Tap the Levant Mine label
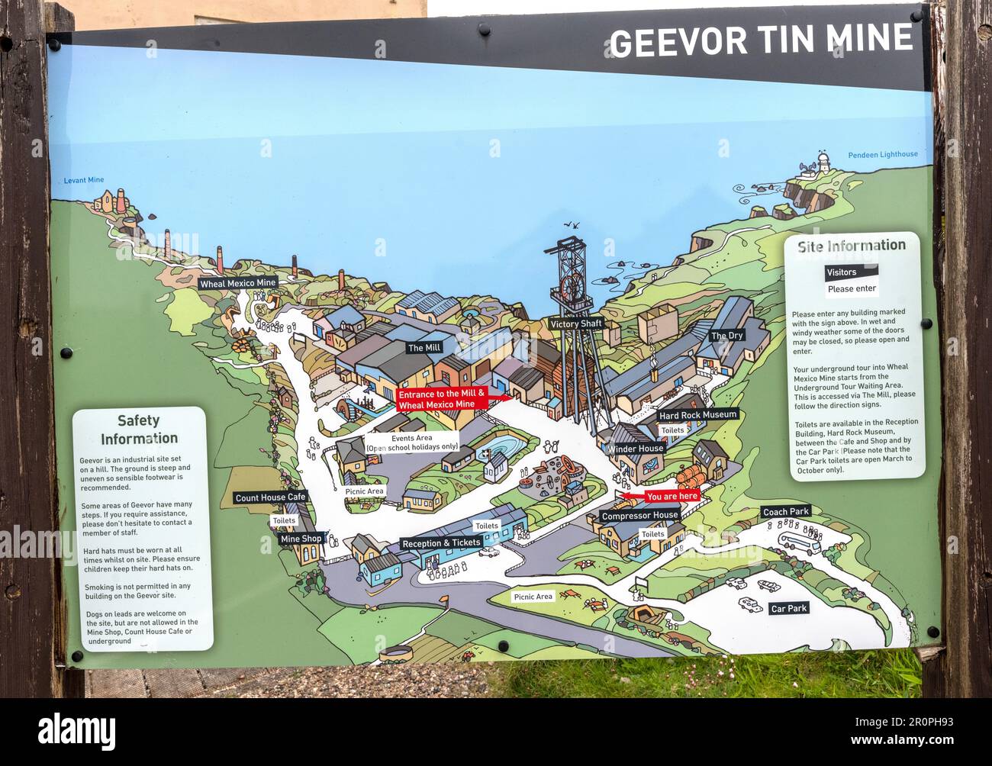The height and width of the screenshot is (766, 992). point(84,181)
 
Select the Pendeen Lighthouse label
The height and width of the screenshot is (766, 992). point(882,155)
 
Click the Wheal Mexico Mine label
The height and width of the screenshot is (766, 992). point(237,283)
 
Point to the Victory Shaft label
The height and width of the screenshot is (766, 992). point(576,324)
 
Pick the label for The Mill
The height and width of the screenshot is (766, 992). point(424,348)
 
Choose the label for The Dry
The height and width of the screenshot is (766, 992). point(726,336)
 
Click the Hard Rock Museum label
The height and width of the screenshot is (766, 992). point(698,415)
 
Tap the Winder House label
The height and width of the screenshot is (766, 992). point(636,449)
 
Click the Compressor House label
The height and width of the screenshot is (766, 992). point(639,516)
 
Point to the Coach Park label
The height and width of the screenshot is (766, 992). point(786,512)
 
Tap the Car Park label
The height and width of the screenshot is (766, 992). point(788,609)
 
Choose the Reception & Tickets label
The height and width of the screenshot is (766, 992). point(442,543)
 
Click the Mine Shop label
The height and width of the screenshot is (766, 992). point(301,539)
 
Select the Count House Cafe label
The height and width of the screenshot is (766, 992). point(270,497)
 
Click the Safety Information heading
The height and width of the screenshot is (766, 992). point(139,430)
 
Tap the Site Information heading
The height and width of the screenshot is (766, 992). point(851,246)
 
